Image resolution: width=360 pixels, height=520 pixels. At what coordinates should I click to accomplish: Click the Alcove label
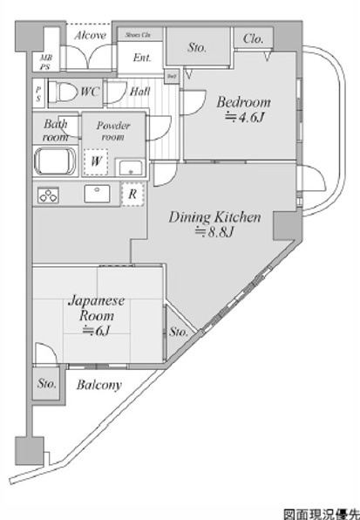90,35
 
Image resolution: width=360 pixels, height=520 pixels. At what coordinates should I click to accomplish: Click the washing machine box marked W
93,161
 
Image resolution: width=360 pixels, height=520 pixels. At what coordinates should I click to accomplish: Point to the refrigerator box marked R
131,195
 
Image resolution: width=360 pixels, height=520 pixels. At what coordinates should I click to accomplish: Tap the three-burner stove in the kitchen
48,196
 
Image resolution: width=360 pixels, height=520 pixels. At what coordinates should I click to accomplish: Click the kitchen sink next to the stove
92,194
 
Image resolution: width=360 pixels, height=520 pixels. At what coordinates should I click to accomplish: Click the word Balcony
98,385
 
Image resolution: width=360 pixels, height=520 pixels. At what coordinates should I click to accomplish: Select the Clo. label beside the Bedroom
255,38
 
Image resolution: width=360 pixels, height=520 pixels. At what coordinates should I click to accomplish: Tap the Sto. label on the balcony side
46,383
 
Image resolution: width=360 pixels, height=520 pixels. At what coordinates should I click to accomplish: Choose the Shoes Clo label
138,35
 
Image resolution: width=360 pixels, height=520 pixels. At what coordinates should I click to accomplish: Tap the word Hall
139,91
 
